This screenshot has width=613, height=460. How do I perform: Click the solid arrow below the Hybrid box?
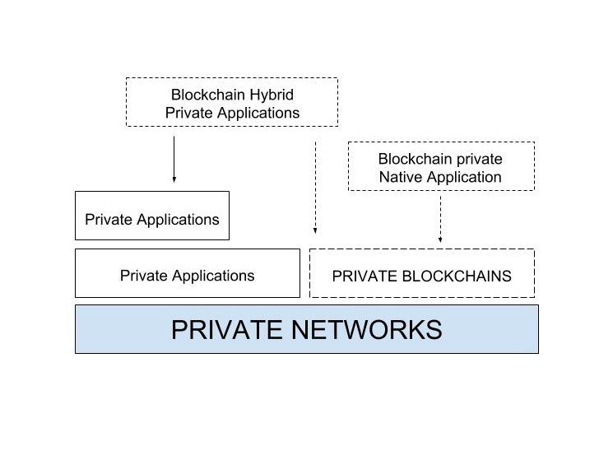click(x=174, y=156)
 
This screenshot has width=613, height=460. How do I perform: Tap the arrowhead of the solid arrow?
click(x=174, y=178)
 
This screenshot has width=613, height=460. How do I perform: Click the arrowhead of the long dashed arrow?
click(x=315, y=232)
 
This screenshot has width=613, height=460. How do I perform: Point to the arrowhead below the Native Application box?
click(x=440, y=239)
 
